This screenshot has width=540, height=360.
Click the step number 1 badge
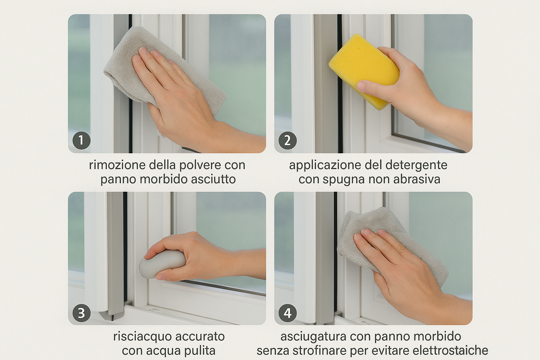(82, 141)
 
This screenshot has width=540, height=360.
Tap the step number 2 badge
(288, 141)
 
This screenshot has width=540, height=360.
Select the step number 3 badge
(82, 313)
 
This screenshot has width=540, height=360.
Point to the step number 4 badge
(288, 313)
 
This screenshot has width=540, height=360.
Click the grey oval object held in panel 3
(161, 264)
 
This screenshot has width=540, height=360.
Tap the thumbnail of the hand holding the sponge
(373, 84)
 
